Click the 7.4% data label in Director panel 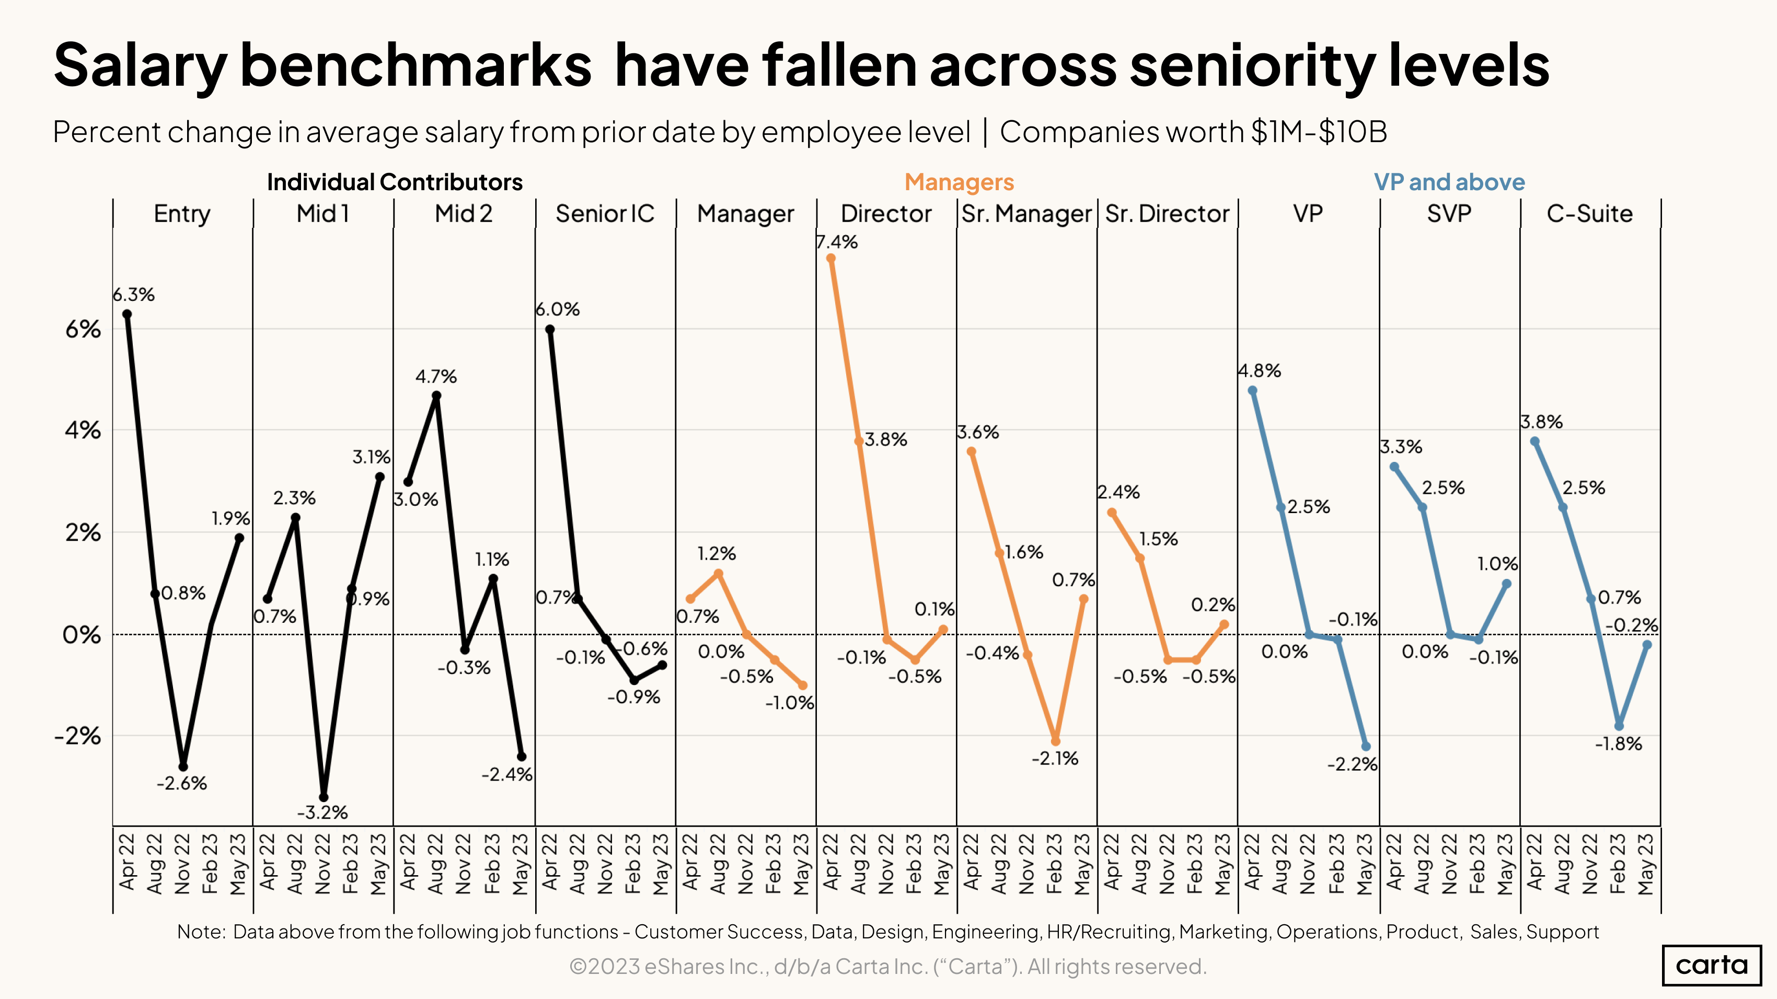point(837,242)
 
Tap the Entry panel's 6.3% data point point(127,315)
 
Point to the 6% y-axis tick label point(83,330)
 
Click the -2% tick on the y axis point(78,736)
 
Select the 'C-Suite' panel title point(1589,214)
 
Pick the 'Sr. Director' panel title point(1167,214)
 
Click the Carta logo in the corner point(1712,965)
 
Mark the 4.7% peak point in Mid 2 point(436,396)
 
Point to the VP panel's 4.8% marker point(1253,390)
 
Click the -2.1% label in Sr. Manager point(1055,758)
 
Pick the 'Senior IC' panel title point(605,214)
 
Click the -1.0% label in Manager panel point(790,703)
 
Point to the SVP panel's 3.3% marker point(1394,467)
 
